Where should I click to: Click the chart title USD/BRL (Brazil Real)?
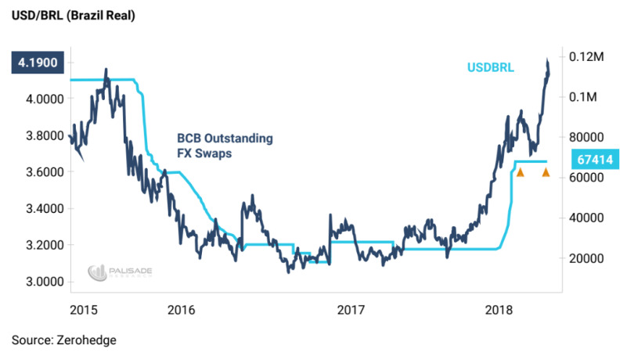[73, 16]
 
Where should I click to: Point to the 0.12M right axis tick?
[587, 57]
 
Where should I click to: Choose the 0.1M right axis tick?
[584, 97]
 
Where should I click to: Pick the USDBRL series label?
[491, 68]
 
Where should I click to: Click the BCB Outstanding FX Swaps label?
[224, 146]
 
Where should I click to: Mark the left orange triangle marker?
[519, 171]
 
